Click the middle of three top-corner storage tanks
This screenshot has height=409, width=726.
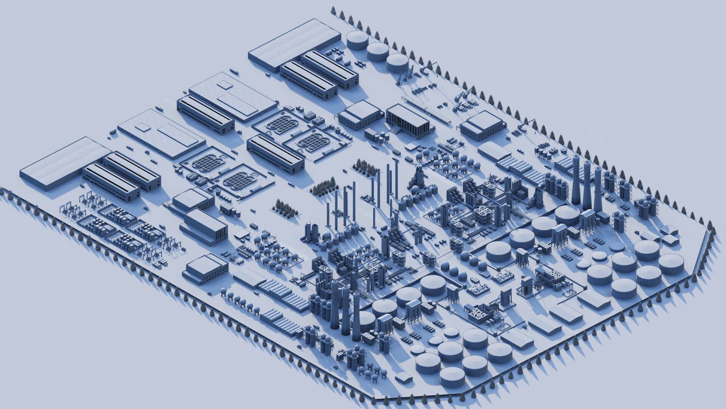(x=377, y=51)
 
